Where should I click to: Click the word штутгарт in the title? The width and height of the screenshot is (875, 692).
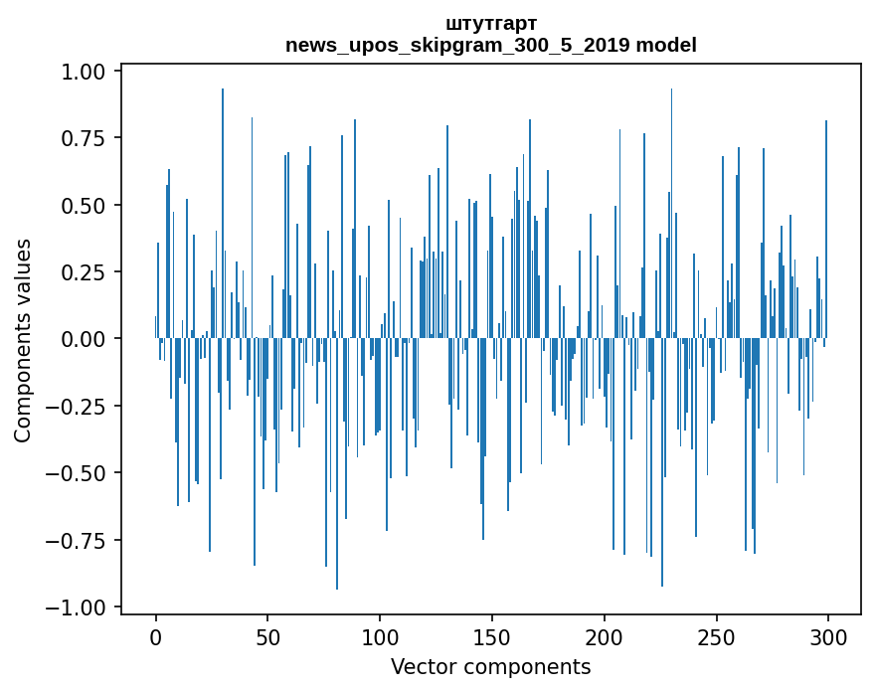click(x=491, y=23)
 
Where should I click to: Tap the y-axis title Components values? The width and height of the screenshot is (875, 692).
click(x=23, y=340)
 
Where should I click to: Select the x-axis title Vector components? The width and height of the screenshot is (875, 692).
click(x=491, y=667)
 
